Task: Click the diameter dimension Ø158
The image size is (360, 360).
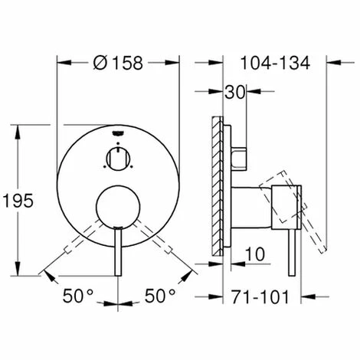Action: [119, 64]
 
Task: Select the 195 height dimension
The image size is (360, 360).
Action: [22, 201]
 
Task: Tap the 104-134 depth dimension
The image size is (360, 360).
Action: [274, 64]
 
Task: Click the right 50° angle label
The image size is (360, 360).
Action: [161, 295]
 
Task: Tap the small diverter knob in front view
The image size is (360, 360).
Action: [116, 159]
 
